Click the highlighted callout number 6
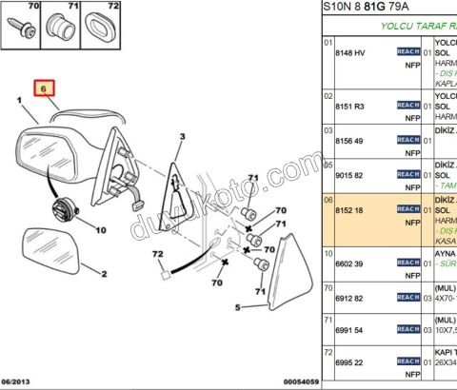click(x=43, y=90)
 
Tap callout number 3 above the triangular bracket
click(x=179, y=137)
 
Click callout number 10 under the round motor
click(x=100, y=230)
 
